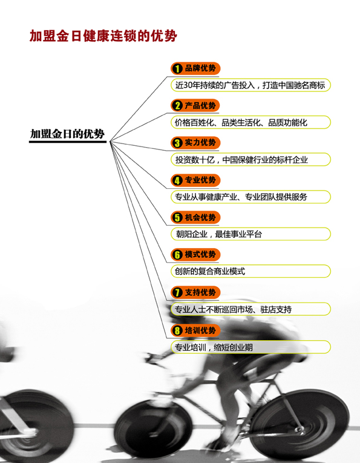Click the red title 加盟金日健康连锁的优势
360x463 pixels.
coord(103,36)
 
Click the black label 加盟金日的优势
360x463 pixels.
coord(67,134)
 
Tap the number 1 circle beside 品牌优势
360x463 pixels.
coord(177,68)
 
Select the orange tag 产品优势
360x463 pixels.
coord(195,105)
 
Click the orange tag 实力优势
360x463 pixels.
coord(195,143)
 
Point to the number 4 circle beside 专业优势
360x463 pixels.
coord(177,180)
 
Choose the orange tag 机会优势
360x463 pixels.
coord(195,217)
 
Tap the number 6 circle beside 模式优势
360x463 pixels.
coord(177,255)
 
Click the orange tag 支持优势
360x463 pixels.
coord(195,292)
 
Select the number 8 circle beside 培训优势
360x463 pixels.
coord(177,330)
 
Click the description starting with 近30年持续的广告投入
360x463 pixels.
coord(250,85)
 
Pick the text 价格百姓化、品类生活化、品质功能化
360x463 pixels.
coord(241,122)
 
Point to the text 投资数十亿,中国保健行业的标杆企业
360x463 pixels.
coord(241,160)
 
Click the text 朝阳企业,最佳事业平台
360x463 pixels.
coord(219,234)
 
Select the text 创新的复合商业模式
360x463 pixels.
coord(210,271)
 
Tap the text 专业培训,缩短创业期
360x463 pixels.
coord(214,347)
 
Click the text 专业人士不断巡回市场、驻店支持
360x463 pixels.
coord(234,309)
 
